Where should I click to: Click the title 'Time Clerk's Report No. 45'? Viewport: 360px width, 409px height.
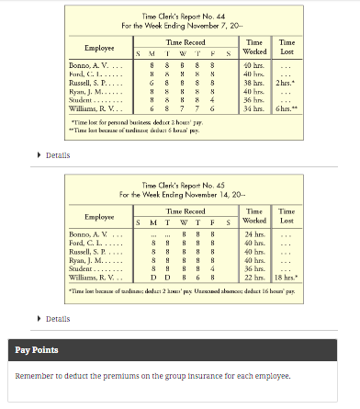tap(180, 186)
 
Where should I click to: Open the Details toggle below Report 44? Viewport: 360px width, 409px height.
tap(57, 154)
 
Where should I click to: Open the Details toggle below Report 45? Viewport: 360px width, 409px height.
tap(57, 319)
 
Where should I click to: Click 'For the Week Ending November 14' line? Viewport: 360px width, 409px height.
tap(180, 195)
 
